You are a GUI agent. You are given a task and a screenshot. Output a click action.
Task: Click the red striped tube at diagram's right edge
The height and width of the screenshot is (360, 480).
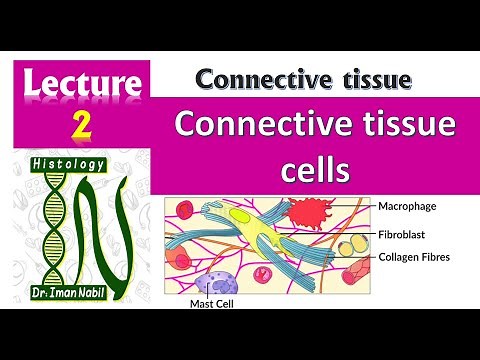(x=357, y=271)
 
